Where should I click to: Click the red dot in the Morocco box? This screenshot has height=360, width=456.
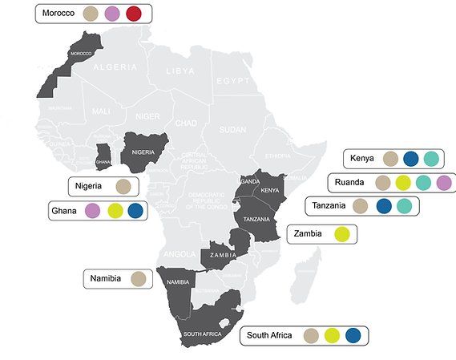point(133,14)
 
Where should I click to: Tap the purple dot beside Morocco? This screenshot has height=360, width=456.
point(112,14)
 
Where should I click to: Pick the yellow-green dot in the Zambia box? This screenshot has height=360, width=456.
point(342,234)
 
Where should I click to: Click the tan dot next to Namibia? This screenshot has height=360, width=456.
point(138,279)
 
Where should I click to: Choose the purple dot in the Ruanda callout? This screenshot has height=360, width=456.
point(446,183)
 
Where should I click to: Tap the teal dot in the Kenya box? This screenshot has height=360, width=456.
point(432,159)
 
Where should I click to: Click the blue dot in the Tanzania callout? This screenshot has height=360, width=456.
point(383,207)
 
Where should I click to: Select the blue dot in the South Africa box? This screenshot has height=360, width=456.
point(353,336)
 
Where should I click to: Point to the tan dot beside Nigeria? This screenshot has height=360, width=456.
point(123,187)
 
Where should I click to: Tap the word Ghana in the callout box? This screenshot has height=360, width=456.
point(64,211)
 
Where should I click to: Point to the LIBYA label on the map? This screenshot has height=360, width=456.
point(180,71)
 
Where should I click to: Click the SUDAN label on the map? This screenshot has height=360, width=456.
point(233,128)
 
